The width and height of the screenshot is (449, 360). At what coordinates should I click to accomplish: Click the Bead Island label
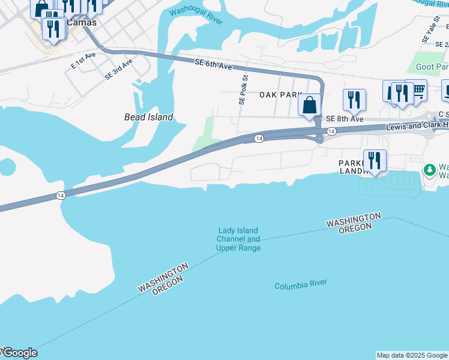coord(148,117)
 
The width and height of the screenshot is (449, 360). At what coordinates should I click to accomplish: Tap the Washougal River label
coord(196,17)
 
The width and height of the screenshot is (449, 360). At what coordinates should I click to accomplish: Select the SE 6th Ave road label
coord(214,64)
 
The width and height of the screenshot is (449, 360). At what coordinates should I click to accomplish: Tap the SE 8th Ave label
coord(345,119)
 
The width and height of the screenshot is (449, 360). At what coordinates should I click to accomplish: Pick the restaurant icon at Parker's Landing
coord(375,160)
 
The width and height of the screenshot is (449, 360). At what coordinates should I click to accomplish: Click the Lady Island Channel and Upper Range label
coord(238,239)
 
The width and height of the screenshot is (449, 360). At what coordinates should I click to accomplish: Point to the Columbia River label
coord(300,286)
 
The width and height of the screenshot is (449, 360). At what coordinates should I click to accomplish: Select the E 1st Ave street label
coord(83,59)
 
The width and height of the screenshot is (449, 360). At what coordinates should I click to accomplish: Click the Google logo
coord(19,353)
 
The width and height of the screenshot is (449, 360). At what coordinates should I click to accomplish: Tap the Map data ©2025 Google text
coord(411,355)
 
